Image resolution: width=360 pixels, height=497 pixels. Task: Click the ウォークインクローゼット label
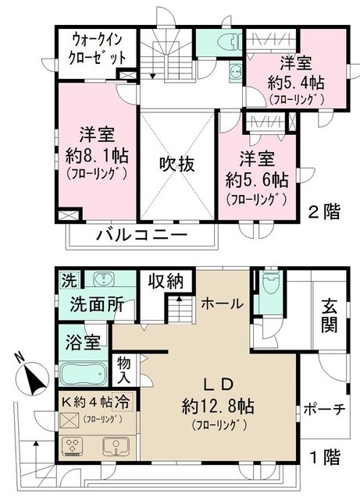tap(97, 49)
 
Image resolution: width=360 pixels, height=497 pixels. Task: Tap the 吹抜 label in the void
tap(177, 164)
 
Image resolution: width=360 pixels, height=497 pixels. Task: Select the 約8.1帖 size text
tap(97, 156)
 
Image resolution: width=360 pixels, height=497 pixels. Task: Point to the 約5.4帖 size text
tap(296, 83)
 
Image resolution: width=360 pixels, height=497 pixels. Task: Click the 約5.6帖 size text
tap(257, 180)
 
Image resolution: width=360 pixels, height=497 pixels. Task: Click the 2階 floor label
tap(325, 212)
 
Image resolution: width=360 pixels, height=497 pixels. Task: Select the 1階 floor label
tap(325, 457)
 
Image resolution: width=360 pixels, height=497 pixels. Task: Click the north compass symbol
tap(32, 376)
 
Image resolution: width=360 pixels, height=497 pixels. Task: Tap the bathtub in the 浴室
tap(83, 375)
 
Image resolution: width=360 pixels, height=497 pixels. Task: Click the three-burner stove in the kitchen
tap(73, 446)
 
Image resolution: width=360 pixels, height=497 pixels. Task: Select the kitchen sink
tap(116, 446)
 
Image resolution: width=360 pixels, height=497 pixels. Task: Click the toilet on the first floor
tap(270, 280)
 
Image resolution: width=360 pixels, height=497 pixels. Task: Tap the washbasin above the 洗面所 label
tap(104, 279)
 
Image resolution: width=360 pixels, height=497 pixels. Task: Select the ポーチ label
tap(324, 410)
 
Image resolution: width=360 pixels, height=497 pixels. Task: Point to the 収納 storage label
tap(166, 281)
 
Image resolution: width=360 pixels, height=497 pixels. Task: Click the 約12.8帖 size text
tap(218, 406)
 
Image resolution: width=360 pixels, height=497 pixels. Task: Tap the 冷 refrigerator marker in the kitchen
tap(122, 402)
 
